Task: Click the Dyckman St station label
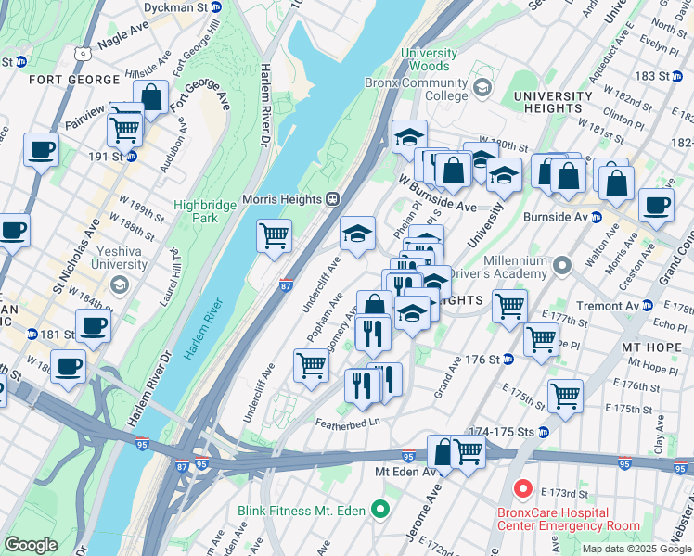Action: tap(174, 6)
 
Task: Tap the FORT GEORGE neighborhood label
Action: tap(66, 80)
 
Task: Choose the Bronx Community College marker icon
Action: tap(482, 88)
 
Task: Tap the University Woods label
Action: tap(429, 59)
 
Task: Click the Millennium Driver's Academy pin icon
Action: tap(561, 267)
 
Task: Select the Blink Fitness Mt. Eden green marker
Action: tap(379, 510)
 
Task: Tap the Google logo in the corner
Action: tap(31, 545)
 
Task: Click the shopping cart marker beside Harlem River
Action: tap(274, 236)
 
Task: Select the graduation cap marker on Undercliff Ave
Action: tap(357, 234)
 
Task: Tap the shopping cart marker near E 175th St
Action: tap(564, 397)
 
